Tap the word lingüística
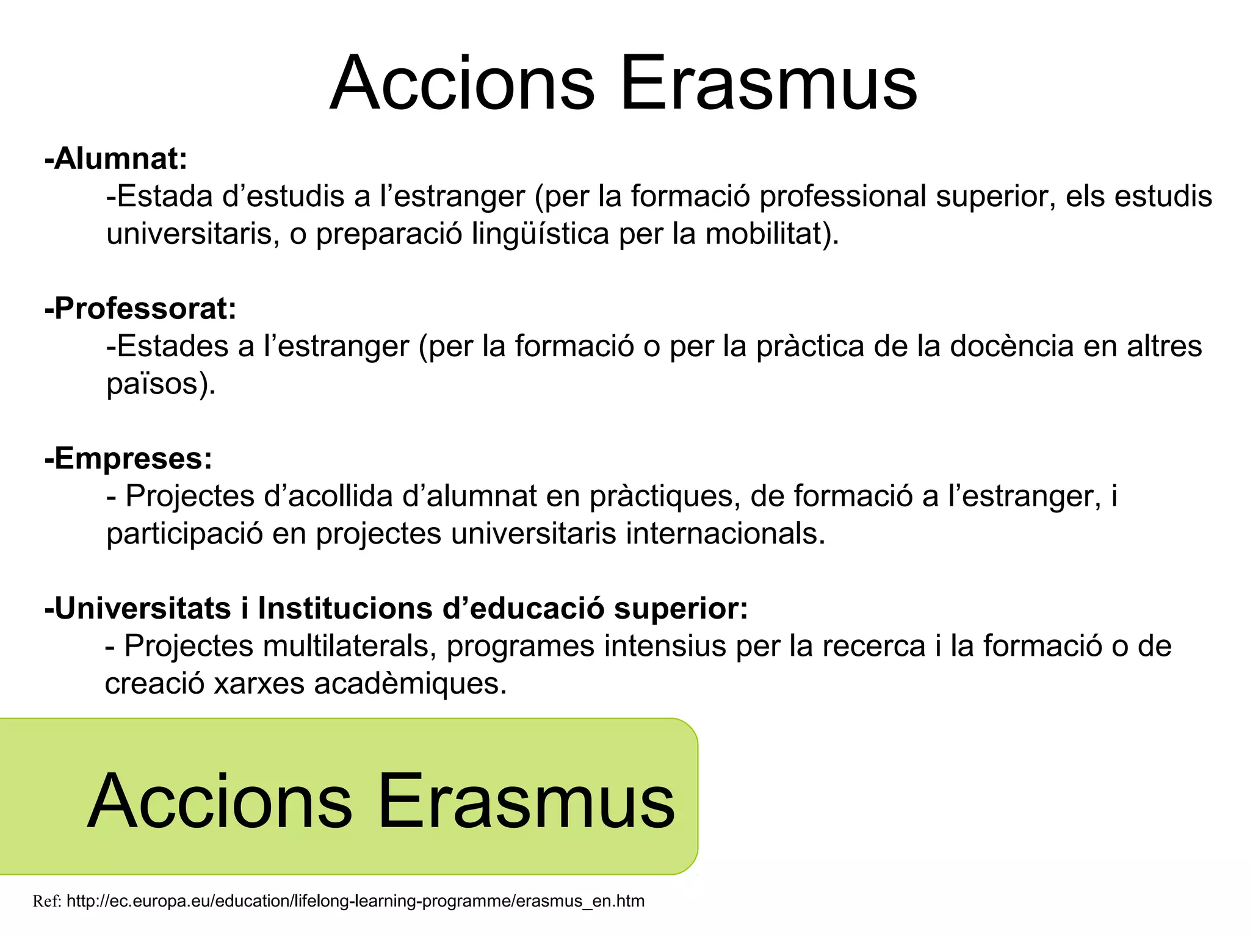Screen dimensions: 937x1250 click(540, 234)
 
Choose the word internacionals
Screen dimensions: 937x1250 click(726, 534)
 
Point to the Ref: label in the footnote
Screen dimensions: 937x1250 click(46, 901)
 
